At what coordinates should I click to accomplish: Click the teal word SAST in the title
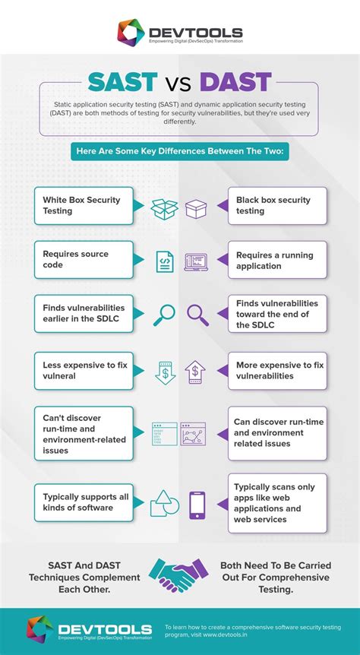click(122, 82)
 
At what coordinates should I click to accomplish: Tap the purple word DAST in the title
click(235, 82)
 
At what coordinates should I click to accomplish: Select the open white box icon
click(164, 208)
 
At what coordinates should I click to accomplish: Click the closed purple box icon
click(196, 208)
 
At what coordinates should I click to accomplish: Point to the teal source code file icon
click(165, 261)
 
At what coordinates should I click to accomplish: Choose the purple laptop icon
click(196, 262)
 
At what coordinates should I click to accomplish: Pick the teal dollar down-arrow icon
click(165, 372)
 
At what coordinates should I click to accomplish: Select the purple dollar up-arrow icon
click(194, 372)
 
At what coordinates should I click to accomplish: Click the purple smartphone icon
click(197, 505)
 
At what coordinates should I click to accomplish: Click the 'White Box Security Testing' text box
click(84, 205)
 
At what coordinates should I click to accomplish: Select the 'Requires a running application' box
click(277, 260)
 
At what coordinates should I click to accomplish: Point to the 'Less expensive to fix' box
click(84, 371)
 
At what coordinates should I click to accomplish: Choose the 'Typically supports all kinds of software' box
click(84, 502)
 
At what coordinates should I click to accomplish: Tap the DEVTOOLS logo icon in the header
click(131, 33)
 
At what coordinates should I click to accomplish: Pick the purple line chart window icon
click(193, 434)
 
